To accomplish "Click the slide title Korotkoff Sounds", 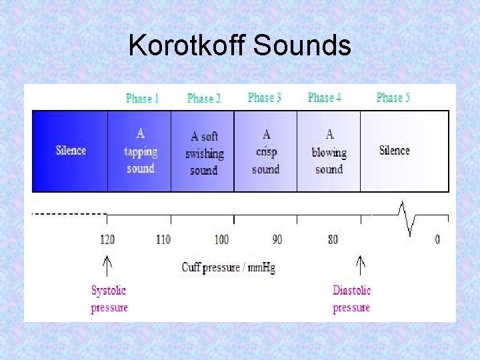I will point(239,46).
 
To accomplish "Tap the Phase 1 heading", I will point(142,99).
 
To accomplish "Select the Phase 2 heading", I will point(204,99).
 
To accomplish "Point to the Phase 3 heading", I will point(265,98).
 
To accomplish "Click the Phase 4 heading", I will point(325,98).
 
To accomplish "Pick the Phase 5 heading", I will point(393,98).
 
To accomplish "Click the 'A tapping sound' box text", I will point(140,151).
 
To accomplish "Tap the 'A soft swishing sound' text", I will point(204,153).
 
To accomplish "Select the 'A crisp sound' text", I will point(265,152).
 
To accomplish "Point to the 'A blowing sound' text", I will point(329,152).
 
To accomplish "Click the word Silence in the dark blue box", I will point(71,150).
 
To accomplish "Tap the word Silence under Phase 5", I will point(394,150).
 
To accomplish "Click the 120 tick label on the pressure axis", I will point(107,239).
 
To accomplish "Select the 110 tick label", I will point(163,239).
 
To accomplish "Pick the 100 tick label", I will point(221,239).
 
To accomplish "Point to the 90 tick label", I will point(277,239).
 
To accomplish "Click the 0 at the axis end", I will point(437,239).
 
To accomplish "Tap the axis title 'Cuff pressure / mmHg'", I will point(228,267).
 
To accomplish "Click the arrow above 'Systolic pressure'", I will point(107,264).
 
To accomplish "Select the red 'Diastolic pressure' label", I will point(352,299).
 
